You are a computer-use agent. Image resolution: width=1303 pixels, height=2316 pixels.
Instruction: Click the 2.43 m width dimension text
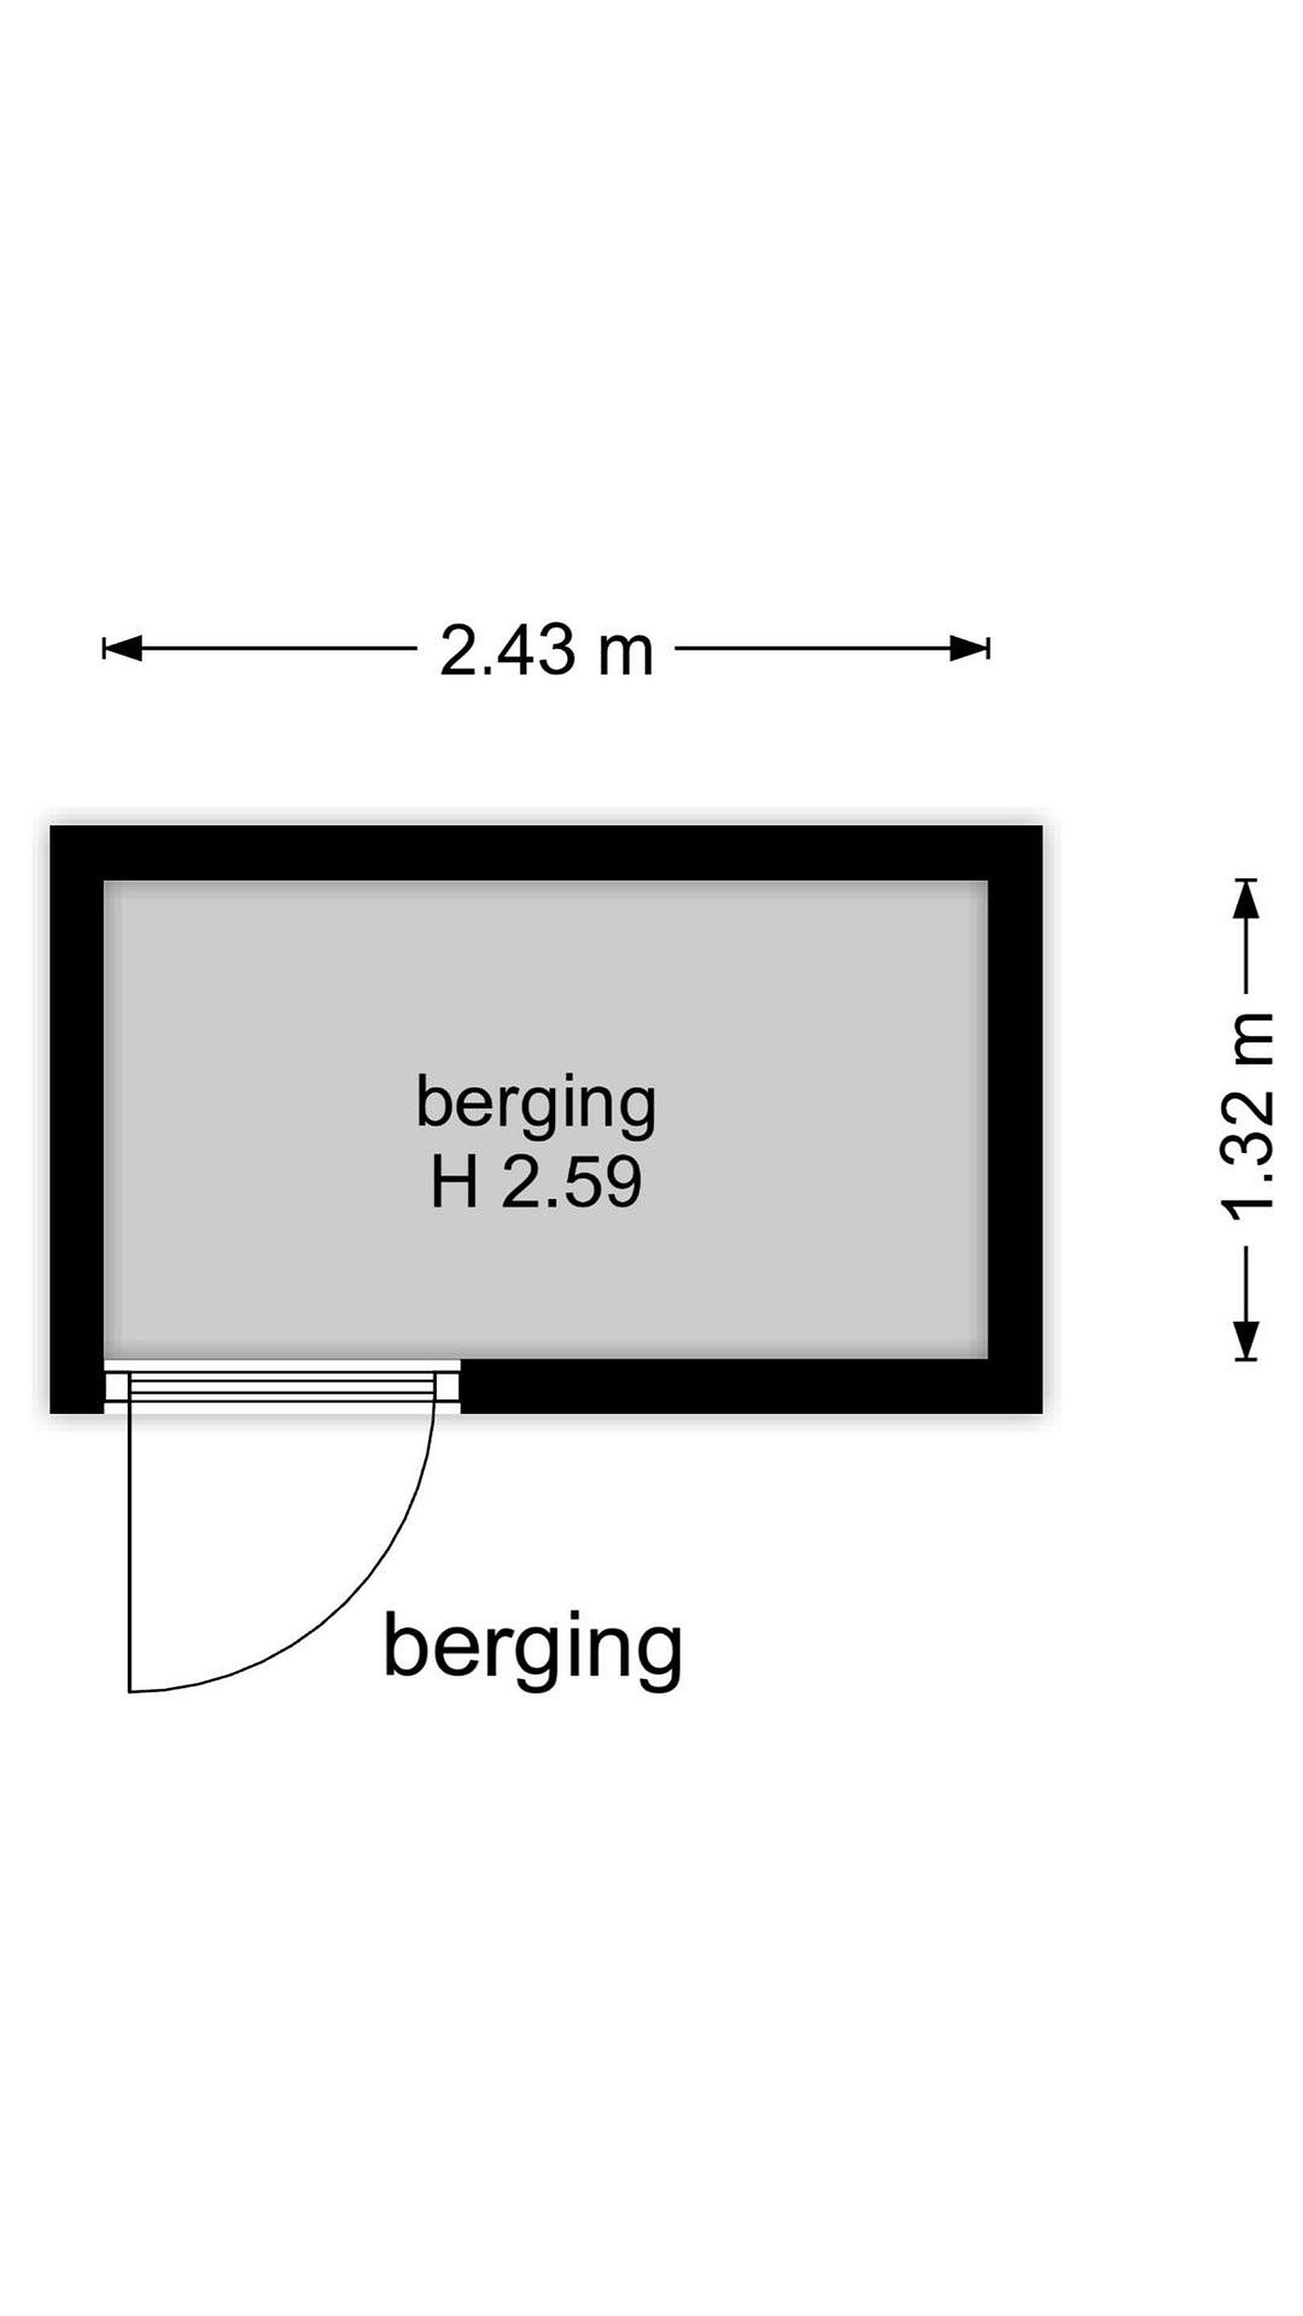pos(546,650)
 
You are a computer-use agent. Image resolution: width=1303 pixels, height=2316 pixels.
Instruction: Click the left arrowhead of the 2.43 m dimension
pos(122,647)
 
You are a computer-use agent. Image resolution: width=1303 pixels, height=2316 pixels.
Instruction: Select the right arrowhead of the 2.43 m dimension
pos(969,647)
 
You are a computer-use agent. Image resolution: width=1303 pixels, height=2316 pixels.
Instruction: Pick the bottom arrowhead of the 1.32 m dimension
pos(1245,1340)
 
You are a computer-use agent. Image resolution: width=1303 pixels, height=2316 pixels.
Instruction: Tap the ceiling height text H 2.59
pos(536,1183)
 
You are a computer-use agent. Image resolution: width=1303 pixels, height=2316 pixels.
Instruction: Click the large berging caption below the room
pos(532,1651)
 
